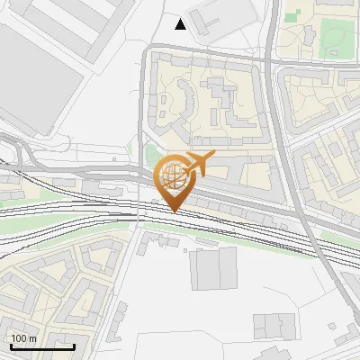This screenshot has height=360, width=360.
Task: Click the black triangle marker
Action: click(x=181, y=24)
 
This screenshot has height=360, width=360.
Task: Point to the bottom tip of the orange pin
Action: click(x=174, y=212)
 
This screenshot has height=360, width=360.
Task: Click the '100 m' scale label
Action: click(x=24, y=338)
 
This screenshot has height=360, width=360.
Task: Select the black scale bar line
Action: click(x=41, y=346)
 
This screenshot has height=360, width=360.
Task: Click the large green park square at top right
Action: click(x=337, y=36)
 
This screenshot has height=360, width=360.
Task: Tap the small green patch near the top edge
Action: click(x=292, y=15)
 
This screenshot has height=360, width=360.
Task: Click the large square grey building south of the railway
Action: click(x=214, y=268)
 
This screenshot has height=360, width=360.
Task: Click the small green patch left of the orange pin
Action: click(x=150, y=154)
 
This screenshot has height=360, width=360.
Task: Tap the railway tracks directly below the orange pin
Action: click(x=174, y=221)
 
